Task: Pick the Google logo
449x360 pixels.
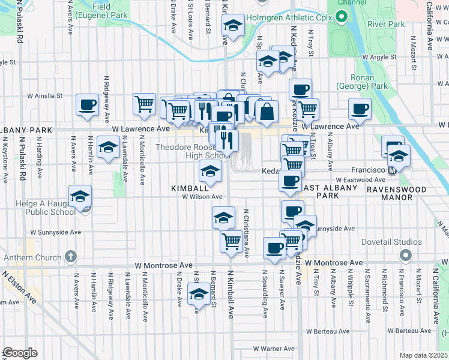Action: coord(20,353)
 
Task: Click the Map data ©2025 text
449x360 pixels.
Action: coord(423,355)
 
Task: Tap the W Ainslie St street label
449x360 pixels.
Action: coord(44,96)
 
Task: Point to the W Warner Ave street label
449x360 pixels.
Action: coord(273,349)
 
